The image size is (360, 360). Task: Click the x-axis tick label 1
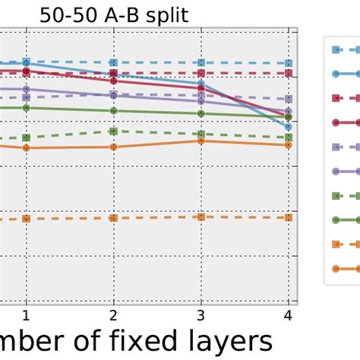point(27,314)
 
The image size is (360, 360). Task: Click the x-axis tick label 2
point(114,314)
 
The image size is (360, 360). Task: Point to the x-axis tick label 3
point(201,314)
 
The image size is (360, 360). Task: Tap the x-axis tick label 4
point(289,314)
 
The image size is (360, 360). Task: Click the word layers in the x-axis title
point(222,339)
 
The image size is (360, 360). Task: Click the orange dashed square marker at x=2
point(114,218)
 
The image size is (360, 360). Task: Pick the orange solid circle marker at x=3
point(201,141)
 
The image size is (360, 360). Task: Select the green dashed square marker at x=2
point(114,131)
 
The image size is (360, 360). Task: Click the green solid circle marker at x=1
point(27,108)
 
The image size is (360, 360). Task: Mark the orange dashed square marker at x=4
point(289,217)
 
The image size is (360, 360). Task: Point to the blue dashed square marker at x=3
point(201,63)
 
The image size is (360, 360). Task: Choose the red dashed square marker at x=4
point(289,74)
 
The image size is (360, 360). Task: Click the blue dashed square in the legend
point(335,49)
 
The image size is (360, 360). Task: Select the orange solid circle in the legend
point(335,268)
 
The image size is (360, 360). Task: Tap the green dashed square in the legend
point(335,195)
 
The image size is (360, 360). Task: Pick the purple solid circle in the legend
point(335,171)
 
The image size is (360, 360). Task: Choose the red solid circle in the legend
point(335,122)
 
